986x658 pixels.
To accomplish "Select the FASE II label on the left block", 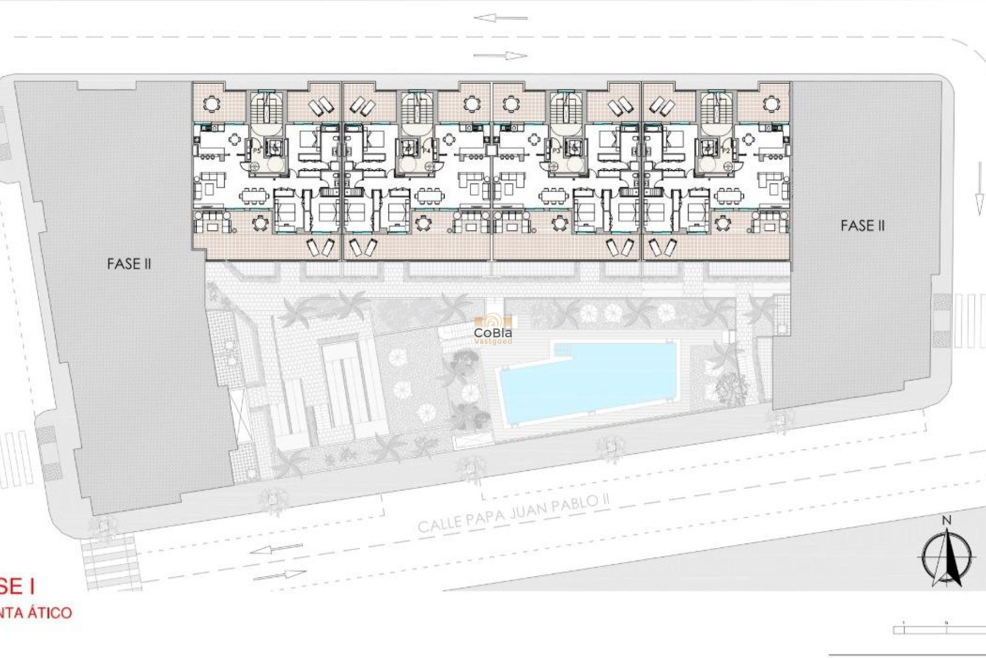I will click(129, 264).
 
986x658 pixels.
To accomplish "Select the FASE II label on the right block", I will click(863, 226).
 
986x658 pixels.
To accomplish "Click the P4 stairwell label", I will click(426, 151).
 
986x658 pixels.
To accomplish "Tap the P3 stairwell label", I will click(556, 151).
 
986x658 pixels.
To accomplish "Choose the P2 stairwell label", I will click(725, 151).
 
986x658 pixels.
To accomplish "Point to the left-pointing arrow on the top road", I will click(500, 18).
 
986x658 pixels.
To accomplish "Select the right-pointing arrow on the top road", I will click(500, 56).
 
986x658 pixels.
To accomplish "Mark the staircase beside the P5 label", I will click(266, 108).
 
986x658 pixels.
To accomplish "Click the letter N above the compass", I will click(946, 520).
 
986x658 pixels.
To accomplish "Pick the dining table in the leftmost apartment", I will click(254, 196).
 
